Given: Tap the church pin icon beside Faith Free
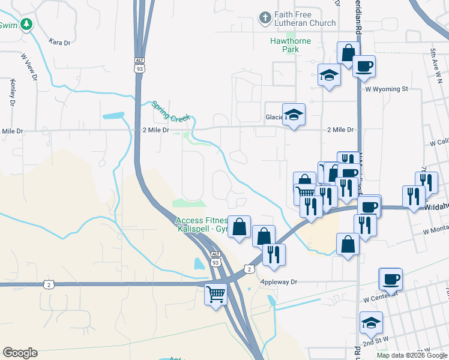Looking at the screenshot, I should (x=265, y=18).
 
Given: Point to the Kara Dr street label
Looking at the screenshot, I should (x=59, y=43).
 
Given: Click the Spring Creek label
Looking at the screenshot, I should (x=170, y=111).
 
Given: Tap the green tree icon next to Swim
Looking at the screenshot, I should (x=26, y=24).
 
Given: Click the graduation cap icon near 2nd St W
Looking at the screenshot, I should (x=371, y=322).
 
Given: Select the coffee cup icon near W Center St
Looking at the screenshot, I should (x=391, y=278).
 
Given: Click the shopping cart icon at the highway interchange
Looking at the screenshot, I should (x=215, y=293).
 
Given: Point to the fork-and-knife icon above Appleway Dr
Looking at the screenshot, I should (x=274, y=254).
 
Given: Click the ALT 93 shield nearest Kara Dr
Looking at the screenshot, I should (x=139, y=65).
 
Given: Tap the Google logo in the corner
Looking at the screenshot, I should (x=20, y=353).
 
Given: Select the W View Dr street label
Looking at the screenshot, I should (x=29, y=67).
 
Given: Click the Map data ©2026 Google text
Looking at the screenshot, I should (x=411, y=355).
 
